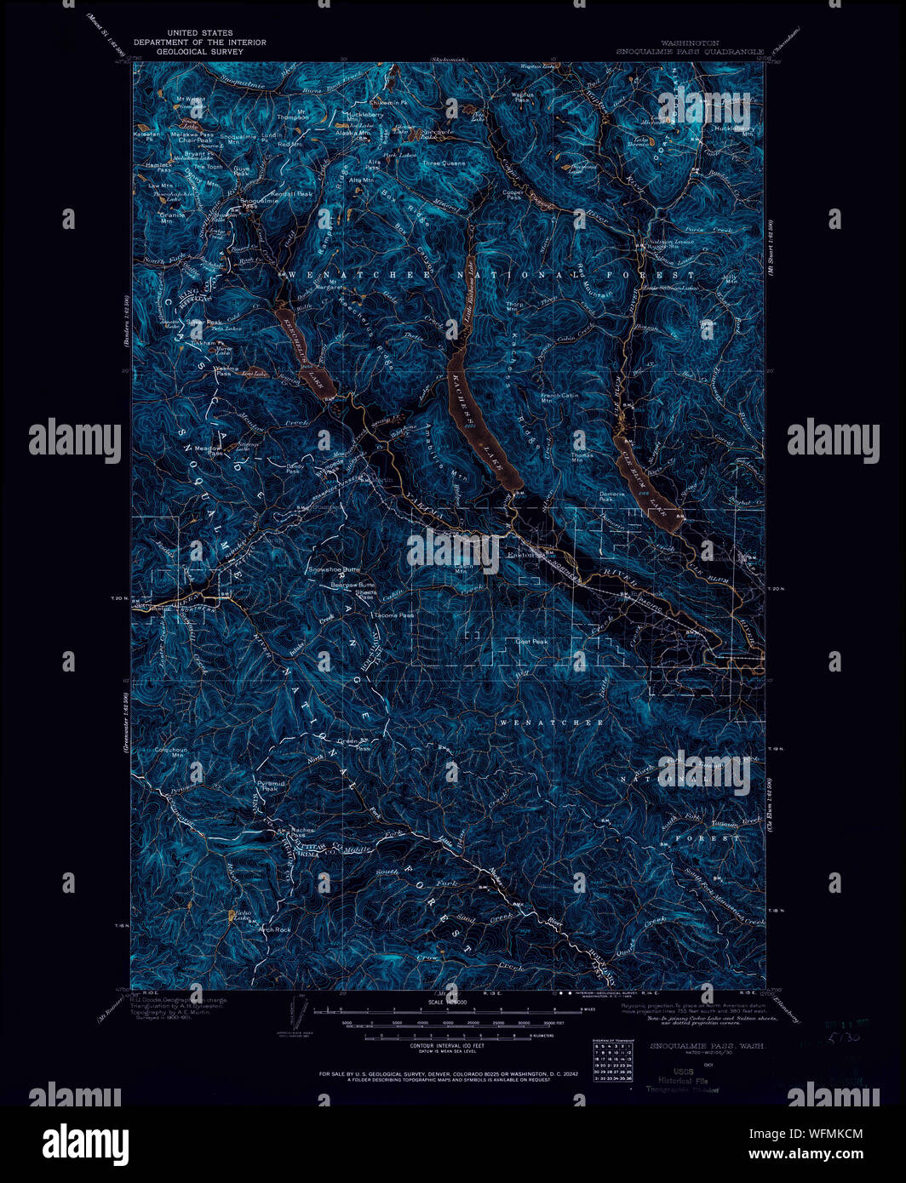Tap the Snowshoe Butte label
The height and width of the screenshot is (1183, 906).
pos(334,569)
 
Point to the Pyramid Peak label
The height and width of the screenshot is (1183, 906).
pos(271,786)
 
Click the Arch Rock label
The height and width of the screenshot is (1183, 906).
pos(275,929)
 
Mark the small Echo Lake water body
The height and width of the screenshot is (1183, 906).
pos(231,916)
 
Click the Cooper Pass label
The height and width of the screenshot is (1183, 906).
pos(513,195)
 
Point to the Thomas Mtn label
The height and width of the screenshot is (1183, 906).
pos(583,458)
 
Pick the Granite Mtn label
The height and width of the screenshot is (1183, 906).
pos(173,217)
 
